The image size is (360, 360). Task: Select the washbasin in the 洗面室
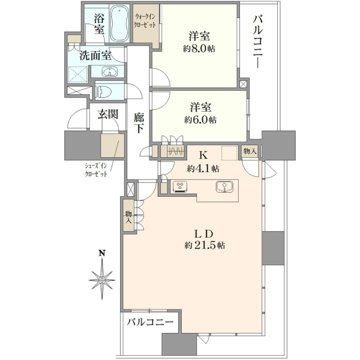[x=110, y=71]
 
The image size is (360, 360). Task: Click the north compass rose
[x=102, y=280]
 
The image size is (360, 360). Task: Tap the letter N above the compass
[x=102, y=253]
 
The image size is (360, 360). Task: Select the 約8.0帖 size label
[x=199, y=49]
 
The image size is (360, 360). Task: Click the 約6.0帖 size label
[x=200, y=119]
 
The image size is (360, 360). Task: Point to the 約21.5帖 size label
[x=205, y=245]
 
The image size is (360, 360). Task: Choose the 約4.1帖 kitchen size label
[x=203, y=169]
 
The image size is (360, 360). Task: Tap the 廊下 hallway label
[x=139, y=124]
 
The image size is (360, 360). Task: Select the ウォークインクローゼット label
[x=145, y=21]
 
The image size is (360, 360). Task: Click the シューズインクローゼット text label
[x=96, y=170]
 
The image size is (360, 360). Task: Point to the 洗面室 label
[x=95, y=56]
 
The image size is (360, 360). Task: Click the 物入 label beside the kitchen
[x=250, y=151]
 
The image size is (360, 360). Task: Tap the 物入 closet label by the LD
[x=128, y=217]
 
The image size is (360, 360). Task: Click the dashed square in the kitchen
[x=230, y=152]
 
